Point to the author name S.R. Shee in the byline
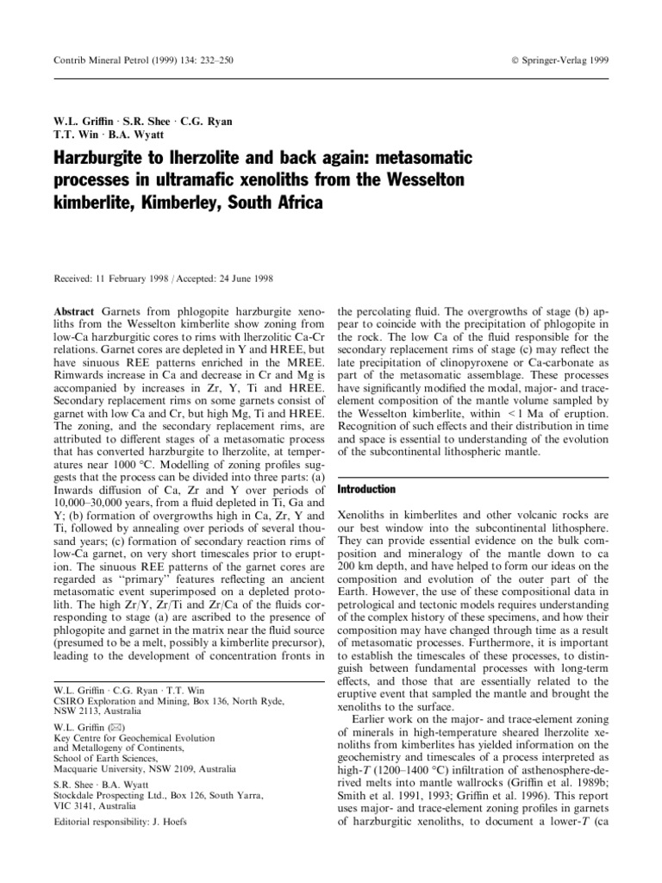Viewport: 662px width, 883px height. [x=131, y=120]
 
